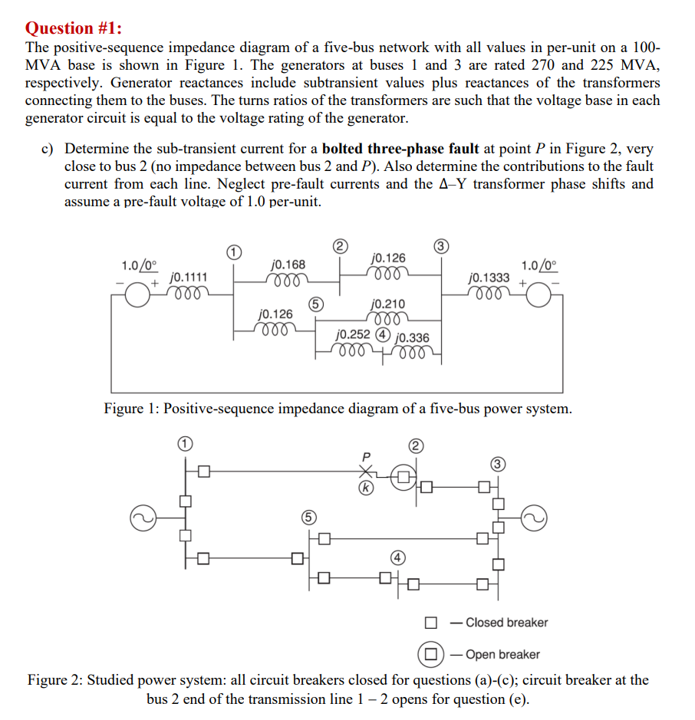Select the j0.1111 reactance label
pos(186,277)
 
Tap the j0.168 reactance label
pos(288,264)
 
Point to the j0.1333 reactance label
pos(489,278)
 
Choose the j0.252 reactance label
pos(354,334)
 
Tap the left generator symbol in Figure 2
pos(142,518)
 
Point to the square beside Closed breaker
pos(432,623)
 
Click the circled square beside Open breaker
pos(431,654)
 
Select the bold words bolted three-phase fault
pos(400,149)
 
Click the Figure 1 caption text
pos(338,408)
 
